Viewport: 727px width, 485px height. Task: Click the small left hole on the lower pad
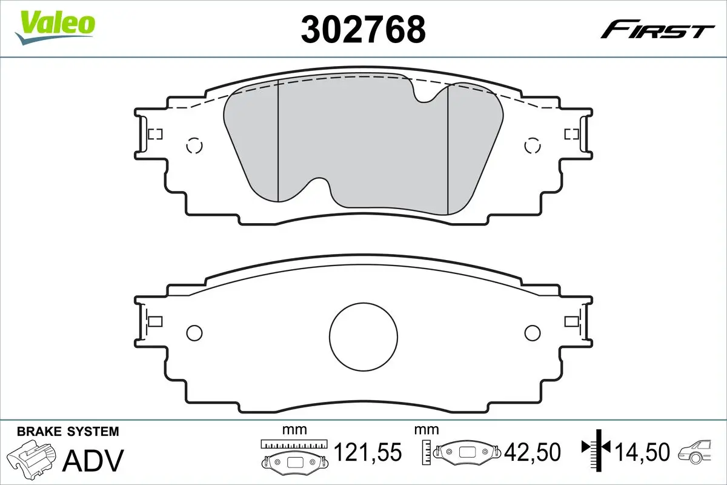194,332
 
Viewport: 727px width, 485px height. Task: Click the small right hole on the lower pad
532,332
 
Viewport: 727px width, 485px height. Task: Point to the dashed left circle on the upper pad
194,145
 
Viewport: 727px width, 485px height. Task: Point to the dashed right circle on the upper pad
532,145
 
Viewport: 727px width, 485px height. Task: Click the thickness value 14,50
642,452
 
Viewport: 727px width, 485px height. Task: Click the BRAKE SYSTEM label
68,432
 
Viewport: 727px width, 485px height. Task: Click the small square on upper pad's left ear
155,134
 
